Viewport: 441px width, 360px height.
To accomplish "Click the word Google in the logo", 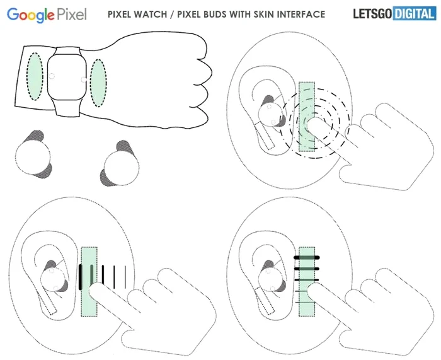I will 33,15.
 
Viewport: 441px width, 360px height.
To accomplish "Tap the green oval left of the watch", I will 35,78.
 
